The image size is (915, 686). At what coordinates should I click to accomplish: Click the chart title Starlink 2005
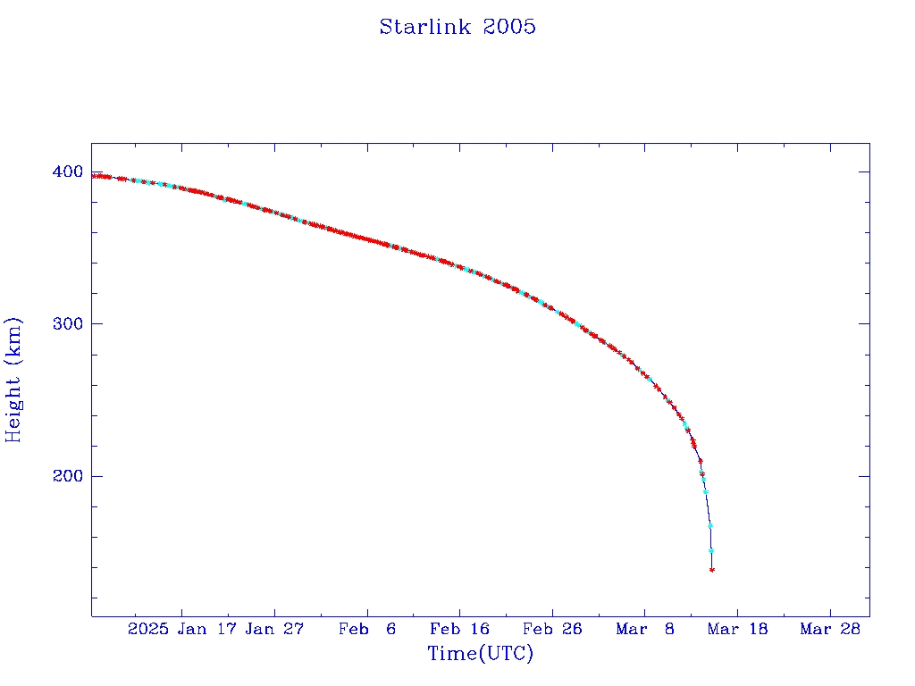point(457,27)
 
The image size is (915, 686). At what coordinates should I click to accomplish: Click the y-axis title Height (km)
point(13,380)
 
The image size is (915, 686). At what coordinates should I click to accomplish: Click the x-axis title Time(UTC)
point(481,654)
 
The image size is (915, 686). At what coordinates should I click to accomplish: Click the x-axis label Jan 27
point(274,629)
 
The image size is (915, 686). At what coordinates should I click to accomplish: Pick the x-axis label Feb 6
point(367,629)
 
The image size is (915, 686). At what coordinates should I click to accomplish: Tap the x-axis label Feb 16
point(460,629)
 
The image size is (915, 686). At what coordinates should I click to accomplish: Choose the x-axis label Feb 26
point(553,629)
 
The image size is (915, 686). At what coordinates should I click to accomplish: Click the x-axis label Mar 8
point(645,629)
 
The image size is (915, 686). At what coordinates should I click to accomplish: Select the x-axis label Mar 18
point(738,629)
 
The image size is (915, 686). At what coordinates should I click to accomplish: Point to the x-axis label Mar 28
point(831,629)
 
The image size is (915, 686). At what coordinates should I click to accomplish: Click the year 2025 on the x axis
point(148,629)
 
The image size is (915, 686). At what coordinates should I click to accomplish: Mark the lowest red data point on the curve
point(712,569)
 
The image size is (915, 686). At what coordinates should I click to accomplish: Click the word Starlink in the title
point(426,27)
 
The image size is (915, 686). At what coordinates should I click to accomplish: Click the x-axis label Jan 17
point(206,629)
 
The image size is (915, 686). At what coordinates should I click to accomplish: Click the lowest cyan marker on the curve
point(711,550)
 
